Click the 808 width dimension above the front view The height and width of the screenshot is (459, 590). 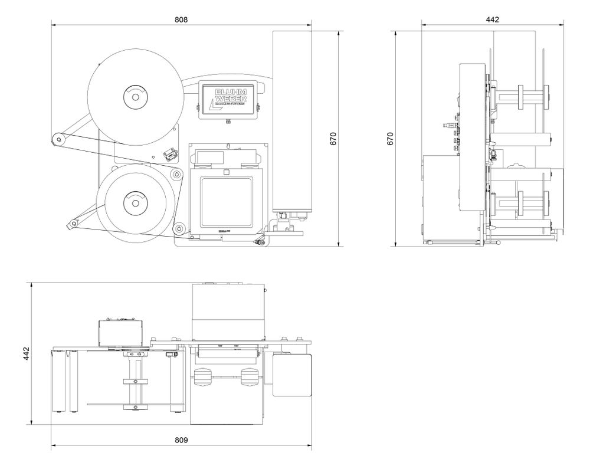[x=181, y=19]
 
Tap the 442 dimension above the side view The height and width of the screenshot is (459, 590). [x=492, y=19]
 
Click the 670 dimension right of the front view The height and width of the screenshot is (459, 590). [x=333, y=139]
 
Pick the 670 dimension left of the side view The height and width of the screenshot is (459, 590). [x=390, y=139]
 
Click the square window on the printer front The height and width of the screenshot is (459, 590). [x=227, y=201]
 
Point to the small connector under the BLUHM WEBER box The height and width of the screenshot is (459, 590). [x=228, y=123]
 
